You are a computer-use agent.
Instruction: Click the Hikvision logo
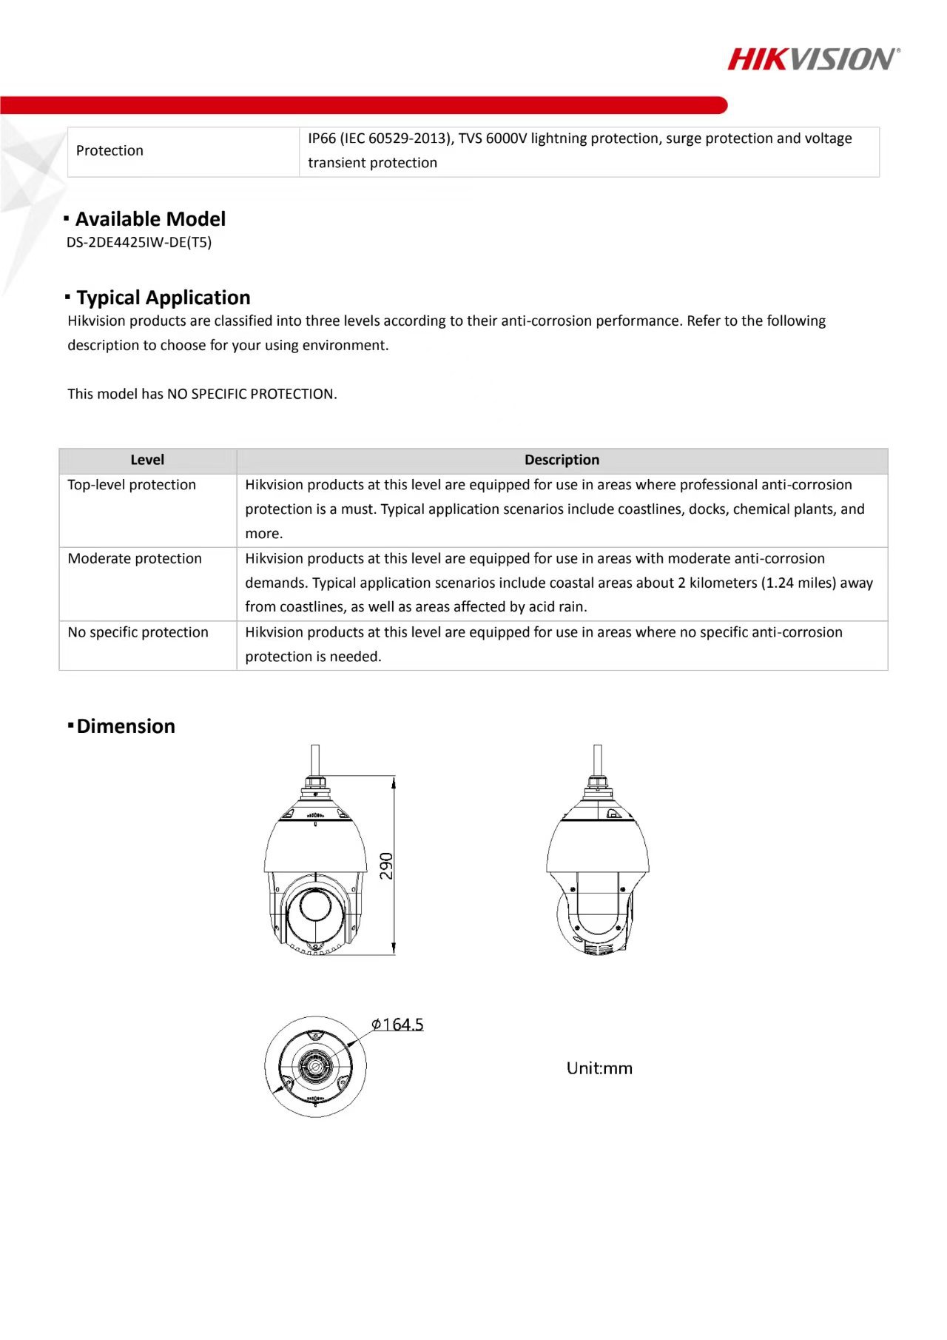[813, 59]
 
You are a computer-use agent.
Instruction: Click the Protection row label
[109, 151]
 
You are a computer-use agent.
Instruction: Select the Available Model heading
[150, 219]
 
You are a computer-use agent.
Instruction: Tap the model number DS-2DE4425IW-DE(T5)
[139, 242]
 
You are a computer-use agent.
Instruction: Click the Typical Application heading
[163, 298]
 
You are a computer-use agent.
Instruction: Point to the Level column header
[147, 460]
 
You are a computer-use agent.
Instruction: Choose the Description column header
[562, 460]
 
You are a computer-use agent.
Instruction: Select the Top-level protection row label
[132, 485]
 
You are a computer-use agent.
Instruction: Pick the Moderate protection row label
[135, 559]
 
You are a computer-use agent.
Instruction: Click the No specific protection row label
[138, 632]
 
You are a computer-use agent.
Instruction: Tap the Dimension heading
[126, 726]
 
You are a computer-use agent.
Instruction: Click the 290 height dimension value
[386, 865]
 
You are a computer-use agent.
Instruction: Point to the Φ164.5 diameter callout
[398, 1025]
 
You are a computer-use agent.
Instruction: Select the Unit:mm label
[599, 1068]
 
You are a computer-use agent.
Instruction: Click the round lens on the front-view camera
[314, 911]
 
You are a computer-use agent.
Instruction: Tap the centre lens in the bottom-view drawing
[315, 1067]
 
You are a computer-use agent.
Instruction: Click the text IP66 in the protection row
[322, 138]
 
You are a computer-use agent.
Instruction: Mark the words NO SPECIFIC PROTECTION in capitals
[252, 394]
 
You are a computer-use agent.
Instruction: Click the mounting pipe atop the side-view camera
[598, 759]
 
